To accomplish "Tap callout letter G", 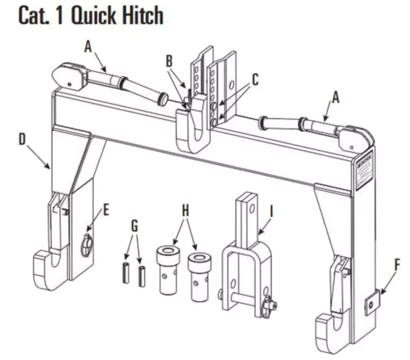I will pyautogui.click(x=134, y=225).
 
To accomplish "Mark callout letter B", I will pyautogui.click(x=168, y=61).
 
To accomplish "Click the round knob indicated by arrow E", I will pyautogui.click(x=86, y=244).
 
